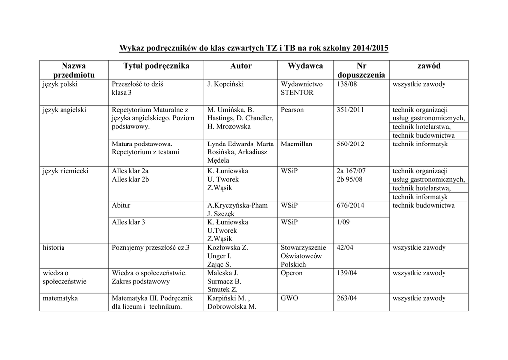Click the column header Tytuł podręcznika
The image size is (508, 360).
156,66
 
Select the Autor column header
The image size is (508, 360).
241,66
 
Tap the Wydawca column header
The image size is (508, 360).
305,66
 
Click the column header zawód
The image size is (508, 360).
429,66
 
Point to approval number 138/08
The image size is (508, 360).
347,84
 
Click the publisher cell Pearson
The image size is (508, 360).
292,110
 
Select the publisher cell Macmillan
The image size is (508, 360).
296,144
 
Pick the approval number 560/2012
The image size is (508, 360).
350,144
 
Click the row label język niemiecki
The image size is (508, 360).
66,171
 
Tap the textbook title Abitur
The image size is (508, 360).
122,205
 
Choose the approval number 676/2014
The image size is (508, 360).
350,205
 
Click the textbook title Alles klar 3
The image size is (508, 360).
128,222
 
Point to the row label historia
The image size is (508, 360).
54,247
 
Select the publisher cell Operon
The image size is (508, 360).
291,273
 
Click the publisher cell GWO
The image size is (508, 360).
289,298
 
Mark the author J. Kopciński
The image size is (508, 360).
225,84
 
